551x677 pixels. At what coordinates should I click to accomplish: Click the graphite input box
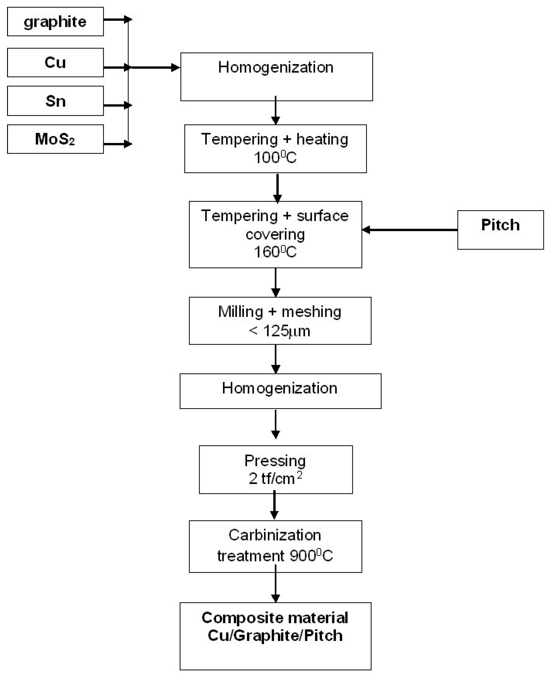tap(55, 22)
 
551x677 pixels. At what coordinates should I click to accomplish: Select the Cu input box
tap(55, 63)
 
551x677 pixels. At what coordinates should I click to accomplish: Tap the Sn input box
tap(55, 101)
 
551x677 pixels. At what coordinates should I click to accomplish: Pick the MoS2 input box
tap(55, 139)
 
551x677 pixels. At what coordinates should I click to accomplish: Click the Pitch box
tap(500, 230)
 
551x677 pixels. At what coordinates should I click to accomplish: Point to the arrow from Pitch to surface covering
tap(409, 230)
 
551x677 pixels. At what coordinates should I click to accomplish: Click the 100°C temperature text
tap(275, 157)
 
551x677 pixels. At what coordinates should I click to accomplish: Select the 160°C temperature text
tap(275, 252)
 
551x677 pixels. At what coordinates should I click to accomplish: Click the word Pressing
tap(275, 461)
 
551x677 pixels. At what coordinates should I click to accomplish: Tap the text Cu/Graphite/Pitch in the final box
tap(275, 636)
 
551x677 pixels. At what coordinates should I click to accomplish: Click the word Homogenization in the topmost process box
tap(276, 67)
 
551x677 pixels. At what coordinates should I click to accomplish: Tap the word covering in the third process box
tap(275, 234)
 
